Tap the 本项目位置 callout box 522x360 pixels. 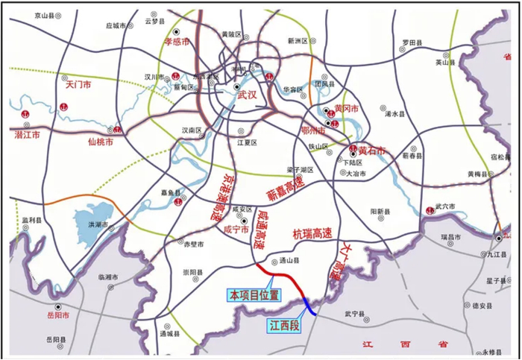[x=254, y=296]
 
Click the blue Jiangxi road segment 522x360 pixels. [x=310, y=307]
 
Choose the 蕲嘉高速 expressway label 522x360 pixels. [x=287, y=190]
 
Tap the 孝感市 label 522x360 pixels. [x=178, y=42]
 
